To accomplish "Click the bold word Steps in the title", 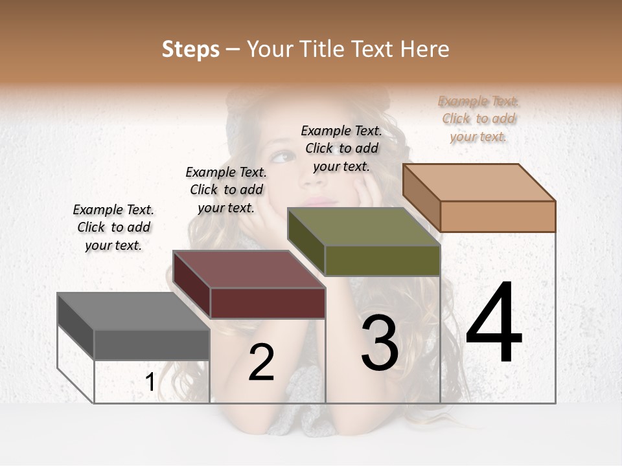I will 190,49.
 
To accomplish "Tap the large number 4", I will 494,324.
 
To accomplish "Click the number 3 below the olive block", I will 380,344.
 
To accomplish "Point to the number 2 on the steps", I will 262,362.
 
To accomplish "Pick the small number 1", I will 150,383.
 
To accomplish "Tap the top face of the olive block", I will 363,227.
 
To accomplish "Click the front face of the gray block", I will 152,345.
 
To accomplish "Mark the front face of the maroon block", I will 268,303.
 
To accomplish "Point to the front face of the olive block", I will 382,260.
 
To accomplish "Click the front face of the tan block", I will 498,216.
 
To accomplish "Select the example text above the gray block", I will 113,228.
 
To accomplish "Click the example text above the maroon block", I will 226,190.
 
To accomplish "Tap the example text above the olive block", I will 341,148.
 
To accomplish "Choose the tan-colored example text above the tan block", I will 479,119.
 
